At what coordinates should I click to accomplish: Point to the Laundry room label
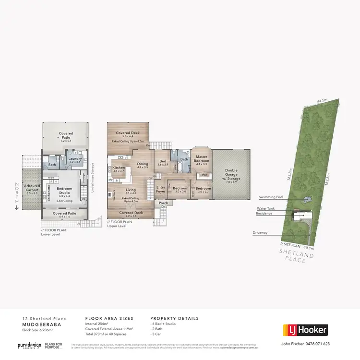[x=75, y=160]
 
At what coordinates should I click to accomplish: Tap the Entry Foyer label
[x=160, y=189]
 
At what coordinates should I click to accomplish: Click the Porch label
[x=164, y=203]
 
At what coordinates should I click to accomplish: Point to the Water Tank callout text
[x=268, y=208]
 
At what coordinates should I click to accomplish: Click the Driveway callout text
[x=261, y=233]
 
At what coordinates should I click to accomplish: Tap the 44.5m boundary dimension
[x=322, y=101]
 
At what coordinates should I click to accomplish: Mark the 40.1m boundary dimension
[x=308, y=248]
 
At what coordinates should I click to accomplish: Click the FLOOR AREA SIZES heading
[x=109, y=318]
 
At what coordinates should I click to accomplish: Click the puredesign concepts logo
[x=28, y=345]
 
